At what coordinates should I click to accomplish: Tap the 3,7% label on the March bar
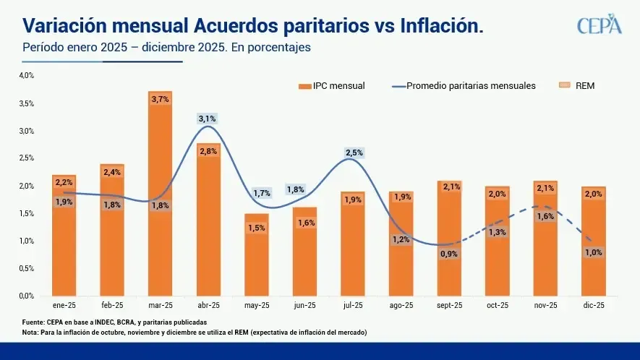point(160,99)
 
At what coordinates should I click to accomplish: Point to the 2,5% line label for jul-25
point(353,153)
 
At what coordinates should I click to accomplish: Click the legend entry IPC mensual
point(333,85)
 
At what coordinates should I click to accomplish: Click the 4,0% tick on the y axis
point(26,75)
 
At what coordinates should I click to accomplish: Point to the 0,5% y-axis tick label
point(26,268)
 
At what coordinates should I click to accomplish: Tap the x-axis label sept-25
point(449,306)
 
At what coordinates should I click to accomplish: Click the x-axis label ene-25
point(64,306)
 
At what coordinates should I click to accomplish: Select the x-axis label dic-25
point(594,306)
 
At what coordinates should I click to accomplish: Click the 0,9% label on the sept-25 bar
point(449,254)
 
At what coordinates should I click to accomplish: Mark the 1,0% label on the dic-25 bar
point(594,252)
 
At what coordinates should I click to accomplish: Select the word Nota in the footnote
point(31,333)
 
